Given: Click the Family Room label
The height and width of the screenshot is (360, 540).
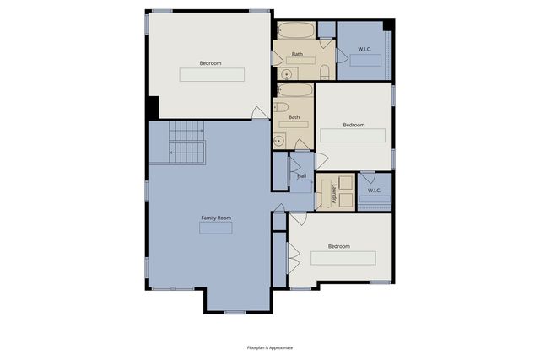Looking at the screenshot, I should tap(216, 218).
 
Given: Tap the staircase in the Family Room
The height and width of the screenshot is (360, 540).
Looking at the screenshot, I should tap(187, 142).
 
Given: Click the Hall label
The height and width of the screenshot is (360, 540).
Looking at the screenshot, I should tap(301, 176).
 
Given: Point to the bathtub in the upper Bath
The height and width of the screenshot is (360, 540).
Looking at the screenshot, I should tap(296, 31).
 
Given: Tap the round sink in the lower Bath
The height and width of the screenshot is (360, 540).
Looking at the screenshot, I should tap(279, 141).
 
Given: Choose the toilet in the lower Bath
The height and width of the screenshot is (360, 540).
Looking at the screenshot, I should tap(282, 107).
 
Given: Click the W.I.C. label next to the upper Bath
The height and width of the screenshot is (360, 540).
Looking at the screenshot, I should tap(364, 48).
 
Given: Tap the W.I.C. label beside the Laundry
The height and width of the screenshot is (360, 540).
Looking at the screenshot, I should tap(375, 190).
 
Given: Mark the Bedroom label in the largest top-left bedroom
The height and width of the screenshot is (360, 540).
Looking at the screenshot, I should tap(211, 63).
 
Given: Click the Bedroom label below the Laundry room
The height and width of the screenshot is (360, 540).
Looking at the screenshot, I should tap(339, 246).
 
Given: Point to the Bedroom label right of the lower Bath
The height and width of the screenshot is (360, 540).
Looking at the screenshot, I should tap(354, 125).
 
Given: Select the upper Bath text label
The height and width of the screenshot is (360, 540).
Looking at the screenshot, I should tap(297, 54).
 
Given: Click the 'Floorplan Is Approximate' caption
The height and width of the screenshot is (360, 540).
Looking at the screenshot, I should tap(270, 347).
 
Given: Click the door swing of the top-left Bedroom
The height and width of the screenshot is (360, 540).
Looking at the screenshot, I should tap(261, 113).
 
